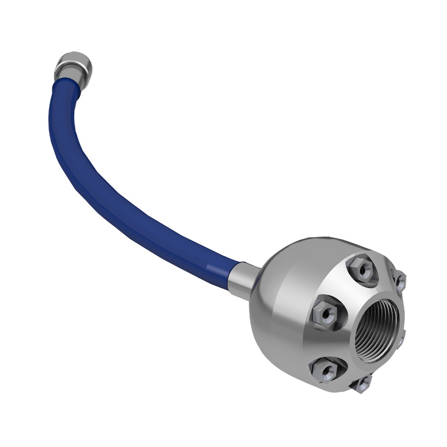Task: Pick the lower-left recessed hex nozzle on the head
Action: [x=326, y=370]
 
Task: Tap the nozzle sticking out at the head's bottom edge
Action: [x=362, y=384]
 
